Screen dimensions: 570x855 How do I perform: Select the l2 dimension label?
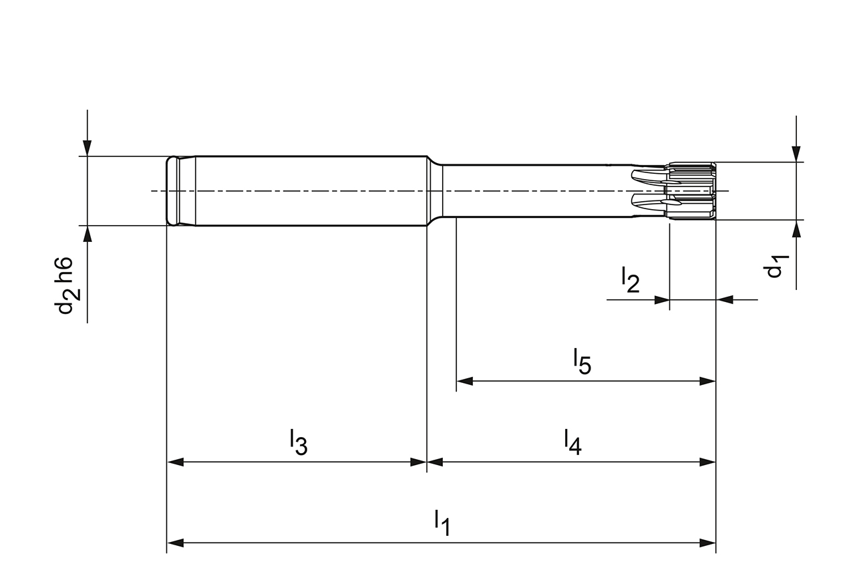(x=629, y=280)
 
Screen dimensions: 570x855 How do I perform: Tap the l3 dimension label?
(x=298, y=442)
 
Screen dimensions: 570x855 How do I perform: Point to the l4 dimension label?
(x=572, y=442)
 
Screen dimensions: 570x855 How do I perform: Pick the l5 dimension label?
(x=582, y=362)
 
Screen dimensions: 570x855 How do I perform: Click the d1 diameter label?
(x=775, y=267)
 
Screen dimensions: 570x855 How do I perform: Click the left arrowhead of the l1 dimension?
(x=175, y=543)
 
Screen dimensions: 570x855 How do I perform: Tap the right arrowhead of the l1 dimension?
(x=707, y=543)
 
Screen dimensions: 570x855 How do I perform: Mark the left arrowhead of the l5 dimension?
(x=464, y=382)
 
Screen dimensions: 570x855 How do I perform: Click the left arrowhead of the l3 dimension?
(x=175, y=462)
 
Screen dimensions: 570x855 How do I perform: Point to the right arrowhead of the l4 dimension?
(x=707, y=462)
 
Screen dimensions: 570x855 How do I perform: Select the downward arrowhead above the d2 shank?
(x=87, y=148)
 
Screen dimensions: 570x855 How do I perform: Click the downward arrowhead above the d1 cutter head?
(x=796, y=154)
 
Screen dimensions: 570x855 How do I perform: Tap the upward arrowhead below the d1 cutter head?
(x=796, y=229)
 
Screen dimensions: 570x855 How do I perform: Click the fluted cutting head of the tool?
(x=691, y=191)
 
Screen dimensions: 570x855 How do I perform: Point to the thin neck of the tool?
(x=534, y=191)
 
